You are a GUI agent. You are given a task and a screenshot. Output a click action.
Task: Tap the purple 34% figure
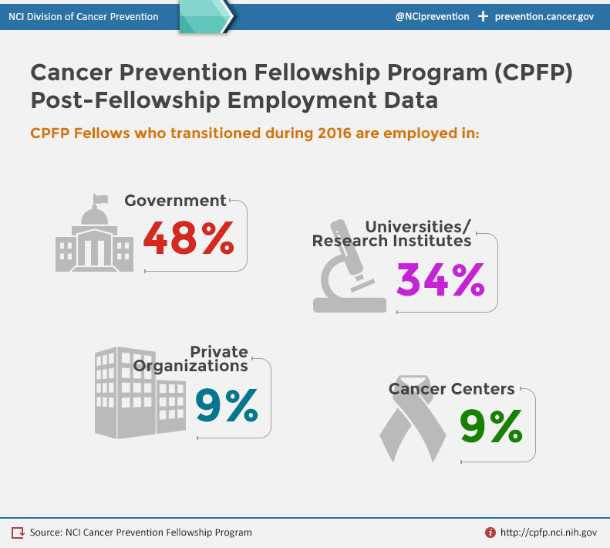coord(440,279)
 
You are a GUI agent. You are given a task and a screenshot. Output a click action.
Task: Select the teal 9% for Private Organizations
coord(226,404)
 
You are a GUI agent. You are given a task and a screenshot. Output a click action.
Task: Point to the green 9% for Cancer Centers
coord(491,426)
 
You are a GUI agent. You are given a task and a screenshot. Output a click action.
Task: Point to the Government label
coord(175,201)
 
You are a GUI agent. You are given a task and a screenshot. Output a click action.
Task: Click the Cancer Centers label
coord(451,389)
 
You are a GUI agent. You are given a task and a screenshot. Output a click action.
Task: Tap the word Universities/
coord(417,226)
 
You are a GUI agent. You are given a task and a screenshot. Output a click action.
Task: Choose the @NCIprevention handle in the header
coord(432,16)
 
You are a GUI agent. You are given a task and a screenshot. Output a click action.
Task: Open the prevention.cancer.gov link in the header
coord(544,16)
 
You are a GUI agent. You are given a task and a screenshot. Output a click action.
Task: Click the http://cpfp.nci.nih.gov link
coord(548,532)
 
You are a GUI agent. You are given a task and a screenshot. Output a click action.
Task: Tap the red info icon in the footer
coord(490,532)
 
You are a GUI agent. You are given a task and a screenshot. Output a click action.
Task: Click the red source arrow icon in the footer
coord(18,532)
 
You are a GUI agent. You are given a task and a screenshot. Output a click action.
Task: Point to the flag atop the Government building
coord(98,198)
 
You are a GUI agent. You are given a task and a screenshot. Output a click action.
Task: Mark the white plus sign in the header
coord(483,16)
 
